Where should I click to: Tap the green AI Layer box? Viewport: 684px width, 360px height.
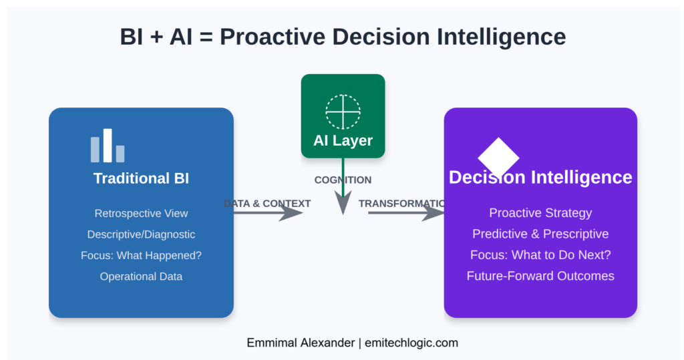[343, 116]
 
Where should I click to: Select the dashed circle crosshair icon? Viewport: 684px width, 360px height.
[343, 112]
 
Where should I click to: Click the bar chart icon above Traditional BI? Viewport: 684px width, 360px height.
[108, 146]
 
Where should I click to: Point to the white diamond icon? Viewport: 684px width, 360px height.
[498, 158]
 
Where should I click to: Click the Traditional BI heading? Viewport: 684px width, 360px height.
[141, 178]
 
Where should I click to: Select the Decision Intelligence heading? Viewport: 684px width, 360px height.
[540, 177]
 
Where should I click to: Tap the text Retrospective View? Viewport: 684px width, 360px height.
[141, 214]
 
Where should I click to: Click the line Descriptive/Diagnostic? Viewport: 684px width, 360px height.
[141, 234]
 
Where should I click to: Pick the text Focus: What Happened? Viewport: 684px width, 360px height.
[141, 255]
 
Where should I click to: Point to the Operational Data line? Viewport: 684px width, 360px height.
[141, 277]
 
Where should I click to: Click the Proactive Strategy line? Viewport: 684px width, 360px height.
[540, 213]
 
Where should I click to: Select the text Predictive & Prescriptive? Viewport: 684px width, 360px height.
[540, 234]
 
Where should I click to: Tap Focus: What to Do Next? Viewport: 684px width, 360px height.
[540, 254]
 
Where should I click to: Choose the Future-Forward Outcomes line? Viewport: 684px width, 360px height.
[540, 276]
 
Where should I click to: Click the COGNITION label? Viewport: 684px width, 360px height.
[343, 180]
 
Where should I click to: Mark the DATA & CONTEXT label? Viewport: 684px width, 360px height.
[267, 203]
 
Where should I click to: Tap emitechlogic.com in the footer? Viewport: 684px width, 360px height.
[411, 343]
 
